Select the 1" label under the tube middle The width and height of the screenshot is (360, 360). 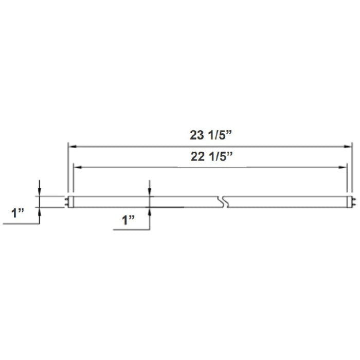click(x=129, y=220)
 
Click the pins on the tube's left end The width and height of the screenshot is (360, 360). click(x=67, y=202)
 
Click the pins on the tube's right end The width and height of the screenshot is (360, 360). click(x=352, y=202)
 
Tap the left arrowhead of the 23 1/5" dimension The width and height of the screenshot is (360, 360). click(x=73, y=147)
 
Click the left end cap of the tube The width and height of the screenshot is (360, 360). click(x=71, y=202)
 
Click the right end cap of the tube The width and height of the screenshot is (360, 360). click(x=348, y=202)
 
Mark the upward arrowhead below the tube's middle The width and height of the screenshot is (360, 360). click(x=150, y=210)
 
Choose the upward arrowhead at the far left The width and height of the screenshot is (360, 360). click(x=40, y=210)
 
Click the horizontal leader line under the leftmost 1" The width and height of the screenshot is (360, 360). click(x=21, y=224)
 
